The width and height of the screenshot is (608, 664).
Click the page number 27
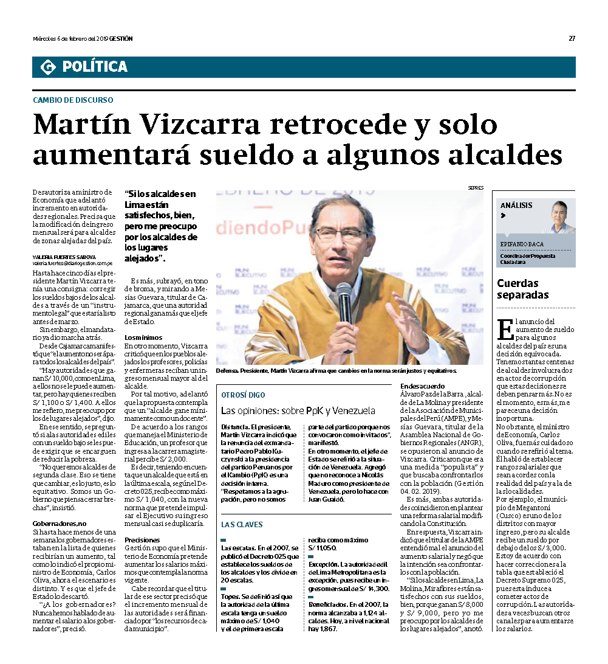click(572, 39)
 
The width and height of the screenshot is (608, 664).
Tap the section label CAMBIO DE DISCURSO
click(73, 100)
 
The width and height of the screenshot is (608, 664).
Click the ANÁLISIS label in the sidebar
click(517, 206)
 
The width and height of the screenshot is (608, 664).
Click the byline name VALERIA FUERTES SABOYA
click(64, 257)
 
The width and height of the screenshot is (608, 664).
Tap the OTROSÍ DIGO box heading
click(243, 395)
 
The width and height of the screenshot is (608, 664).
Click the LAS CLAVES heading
click(242, 524)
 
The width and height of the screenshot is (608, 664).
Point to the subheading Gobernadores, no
click(60, 524)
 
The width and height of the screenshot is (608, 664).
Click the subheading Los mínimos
click(143, 337)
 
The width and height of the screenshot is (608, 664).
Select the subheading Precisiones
click(142, 540)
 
